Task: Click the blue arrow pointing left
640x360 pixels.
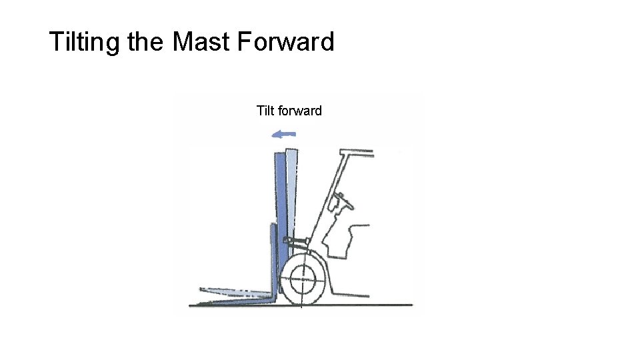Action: pos(283,135)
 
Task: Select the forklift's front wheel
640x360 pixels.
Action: pos(306,278)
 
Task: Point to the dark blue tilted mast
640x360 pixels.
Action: pos(281,200)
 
